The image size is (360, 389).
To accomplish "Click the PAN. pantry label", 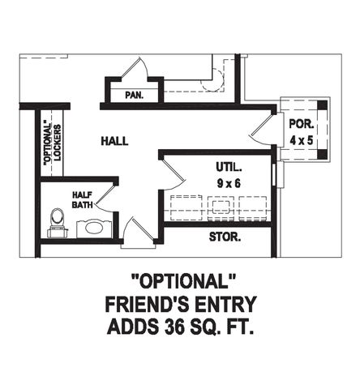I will coord(134,95).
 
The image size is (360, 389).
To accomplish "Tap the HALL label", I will coord(114,141).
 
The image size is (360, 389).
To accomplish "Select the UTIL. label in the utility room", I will coord(229,167).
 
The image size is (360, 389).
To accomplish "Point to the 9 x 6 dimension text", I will coord(229,183).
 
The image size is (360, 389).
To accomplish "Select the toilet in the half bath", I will coord(57,219).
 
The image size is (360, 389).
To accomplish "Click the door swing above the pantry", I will coord(135,69).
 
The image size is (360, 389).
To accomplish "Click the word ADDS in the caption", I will coord(132,328).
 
